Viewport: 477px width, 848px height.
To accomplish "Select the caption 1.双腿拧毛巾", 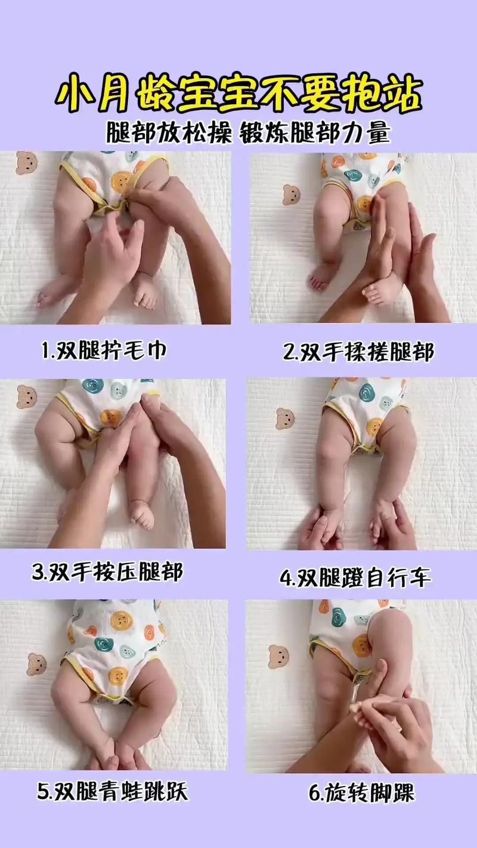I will tap(104, 351).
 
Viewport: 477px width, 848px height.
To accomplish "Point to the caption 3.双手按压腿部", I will tap(107, 572).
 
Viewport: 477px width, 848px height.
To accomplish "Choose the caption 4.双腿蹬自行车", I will tap(355, 577).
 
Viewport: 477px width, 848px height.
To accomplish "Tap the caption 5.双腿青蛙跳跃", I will tap(112, 791).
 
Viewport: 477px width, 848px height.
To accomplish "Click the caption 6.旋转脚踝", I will tap(361, 793).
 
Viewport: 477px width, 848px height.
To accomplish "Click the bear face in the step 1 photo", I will tap(26, 163).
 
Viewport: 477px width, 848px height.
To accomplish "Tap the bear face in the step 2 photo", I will tap(291, 195).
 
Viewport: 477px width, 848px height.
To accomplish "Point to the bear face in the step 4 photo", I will tap(285, 419).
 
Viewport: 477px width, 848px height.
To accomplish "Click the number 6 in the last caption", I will tap(314, 794).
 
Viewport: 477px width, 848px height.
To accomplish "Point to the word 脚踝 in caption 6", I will tap(394, 793).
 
